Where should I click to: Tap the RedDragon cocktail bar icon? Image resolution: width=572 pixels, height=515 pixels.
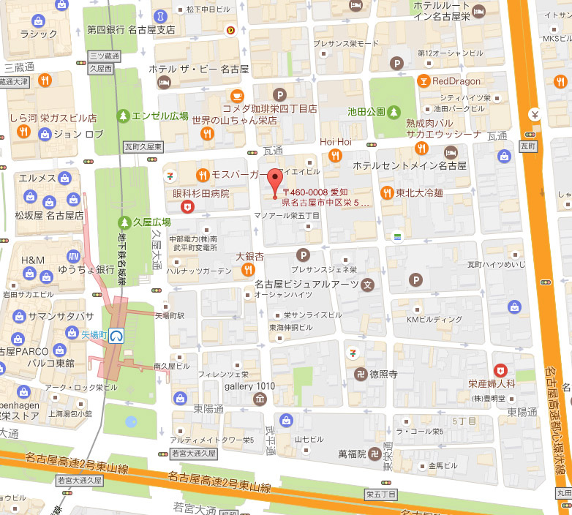click(424, 81)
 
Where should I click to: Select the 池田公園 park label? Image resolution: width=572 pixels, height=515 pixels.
click(366, 112)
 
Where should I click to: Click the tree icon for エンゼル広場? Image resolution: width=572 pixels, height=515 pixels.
click(124, 116)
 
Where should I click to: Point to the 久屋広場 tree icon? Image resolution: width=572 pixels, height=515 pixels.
click(125, 222)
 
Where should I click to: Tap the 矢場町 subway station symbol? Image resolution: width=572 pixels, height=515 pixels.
click(116, 335)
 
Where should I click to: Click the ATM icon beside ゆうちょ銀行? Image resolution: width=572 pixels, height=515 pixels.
click(73, 257)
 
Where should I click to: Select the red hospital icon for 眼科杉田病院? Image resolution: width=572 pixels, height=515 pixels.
click(188, 207)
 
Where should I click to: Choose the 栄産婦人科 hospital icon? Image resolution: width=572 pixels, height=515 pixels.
click(500, 369)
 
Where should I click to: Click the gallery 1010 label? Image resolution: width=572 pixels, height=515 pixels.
click(249, 386)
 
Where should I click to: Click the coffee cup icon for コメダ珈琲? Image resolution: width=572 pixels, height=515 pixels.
click(237, 95)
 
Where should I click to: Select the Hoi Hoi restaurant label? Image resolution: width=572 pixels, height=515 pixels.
click(335, 141)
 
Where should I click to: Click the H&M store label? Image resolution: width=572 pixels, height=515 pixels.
click(33, 260)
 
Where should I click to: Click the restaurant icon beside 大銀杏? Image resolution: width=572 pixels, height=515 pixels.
click(247, 270)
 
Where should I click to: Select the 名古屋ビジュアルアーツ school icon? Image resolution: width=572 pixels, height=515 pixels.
click(367, 284)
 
